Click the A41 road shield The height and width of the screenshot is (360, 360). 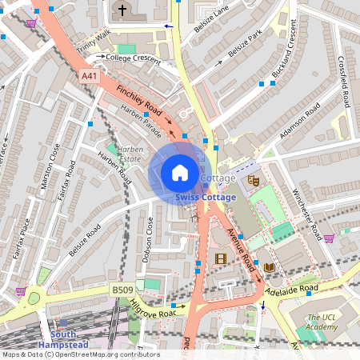90,75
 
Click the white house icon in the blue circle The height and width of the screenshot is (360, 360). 180,172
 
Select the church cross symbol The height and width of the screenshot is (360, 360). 122,10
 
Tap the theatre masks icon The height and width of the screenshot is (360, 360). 254,181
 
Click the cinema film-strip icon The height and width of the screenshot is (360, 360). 221,258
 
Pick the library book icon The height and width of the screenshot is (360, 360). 270,266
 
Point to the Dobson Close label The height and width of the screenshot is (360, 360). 148,241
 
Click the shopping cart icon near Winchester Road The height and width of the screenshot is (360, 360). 329,238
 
